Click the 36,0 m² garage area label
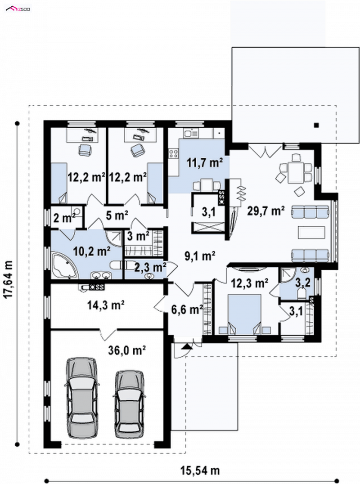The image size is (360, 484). (x=127, y=350)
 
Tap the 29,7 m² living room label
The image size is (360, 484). (x=266, y=211)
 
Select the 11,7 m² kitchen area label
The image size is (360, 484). (x=205, y=162)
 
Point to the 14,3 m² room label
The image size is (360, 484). (x=106, y=305)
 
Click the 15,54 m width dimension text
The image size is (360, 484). (x=200, y=471)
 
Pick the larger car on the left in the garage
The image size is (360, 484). (x=82, y=398)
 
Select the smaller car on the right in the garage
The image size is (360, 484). (x=129, y=404)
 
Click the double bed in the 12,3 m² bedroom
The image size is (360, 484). (x=244, y=314)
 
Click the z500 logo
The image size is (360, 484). (x=18, y=9)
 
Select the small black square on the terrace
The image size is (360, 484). (x=316, y=125)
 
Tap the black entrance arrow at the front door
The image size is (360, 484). (x=186, y=346)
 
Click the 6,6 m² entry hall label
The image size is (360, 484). (x=187, y=309)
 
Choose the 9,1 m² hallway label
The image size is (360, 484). (x=200, y=256)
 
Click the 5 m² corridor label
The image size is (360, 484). (x=117, y=215)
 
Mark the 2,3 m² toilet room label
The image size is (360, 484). (x=150, y=267)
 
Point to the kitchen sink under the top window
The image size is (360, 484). (x=191, y=133)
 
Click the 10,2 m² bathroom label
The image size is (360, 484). (x=92, y=251)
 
